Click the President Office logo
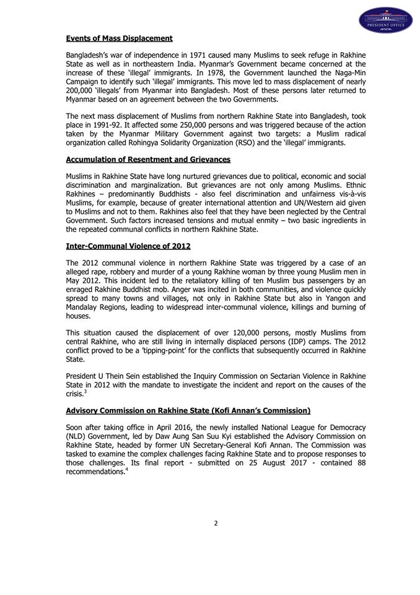[x=385, y=20]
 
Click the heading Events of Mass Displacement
[x=119, y=38]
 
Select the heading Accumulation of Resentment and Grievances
[x=148, y=159]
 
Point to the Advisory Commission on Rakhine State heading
[x=188, y=410]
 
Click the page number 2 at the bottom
[x=216, y=523]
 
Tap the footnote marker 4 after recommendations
[x=126, y=469]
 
